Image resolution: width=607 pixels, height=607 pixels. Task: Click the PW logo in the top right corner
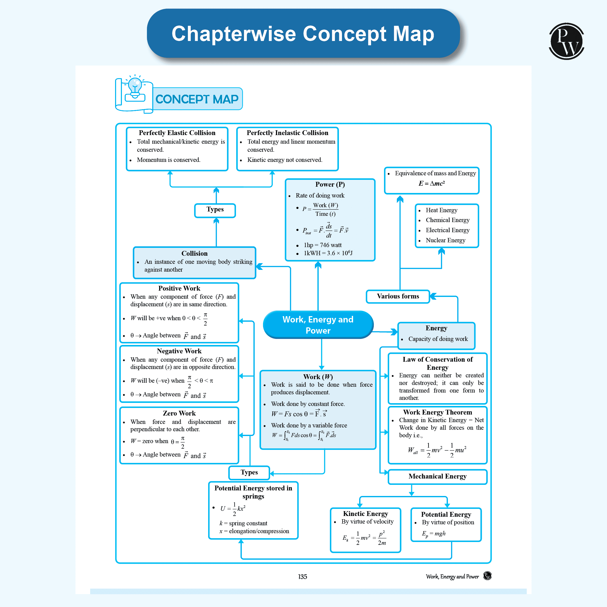pyautogui.click(x=566, y=41)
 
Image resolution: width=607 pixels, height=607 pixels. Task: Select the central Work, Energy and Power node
pyautogui.click(x=318, y=324)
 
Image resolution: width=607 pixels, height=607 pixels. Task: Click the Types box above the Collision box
pyautogui.click(x=215, y=210)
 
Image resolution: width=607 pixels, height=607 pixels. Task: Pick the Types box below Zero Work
pyautogui.click(x=249, y=472)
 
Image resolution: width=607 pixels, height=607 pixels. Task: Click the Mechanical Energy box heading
pyautogui.click(x=437, y=476)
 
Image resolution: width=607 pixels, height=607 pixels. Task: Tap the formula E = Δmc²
pyautogui.click(x=431, y=183)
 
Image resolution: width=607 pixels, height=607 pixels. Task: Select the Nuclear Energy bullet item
pyautogui.click(x=445, y=240)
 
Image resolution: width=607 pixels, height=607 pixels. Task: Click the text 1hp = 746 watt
pyautogui.click(x=322, y=245)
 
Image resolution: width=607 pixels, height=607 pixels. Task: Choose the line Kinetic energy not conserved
pyautogui.click(x=284, y=160)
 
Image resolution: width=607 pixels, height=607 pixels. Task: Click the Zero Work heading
pyautogui.click(x=179, y=413)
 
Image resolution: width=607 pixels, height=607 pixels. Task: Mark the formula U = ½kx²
pyautogui.click(x=233, y=508)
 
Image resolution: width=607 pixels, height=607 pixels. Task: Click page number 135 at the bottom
pyautogui.click(x=302, y=577)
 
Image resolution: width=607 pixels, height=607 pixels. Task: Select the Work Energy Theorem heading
pyautogui.click(x=437, y=412)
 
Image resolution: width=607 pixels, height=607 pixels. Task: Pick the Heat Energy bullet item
pyautogui.click(x=441, y=210)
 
